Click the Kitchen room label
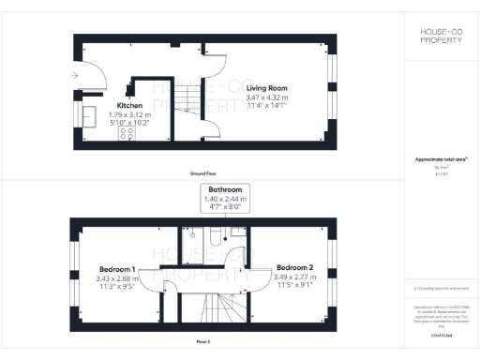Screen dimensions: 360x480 (129, 106)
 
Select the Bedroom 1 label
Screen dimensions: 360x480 (116, 267)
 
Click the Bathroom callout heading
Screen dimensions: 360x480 (225, 189)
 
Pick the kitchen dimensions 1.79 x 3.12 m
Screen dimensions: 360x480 (129, 114)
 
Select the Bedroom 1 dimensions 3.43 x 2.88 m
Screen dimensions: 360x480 (116, 277)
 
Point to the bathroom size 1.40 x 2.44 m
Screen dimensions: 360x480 (225, 199)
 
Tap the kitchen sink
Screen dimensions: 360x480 (93, 115)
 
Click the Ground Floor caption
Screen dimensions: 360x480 (202, 174)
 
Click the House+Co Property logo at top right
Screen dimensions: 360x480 (441, 37)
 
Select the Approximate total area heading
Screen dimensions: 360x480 (441, 159)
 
